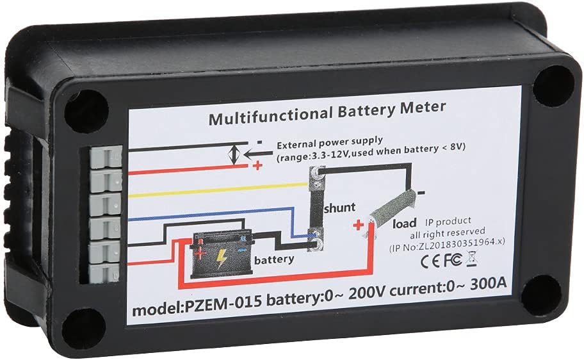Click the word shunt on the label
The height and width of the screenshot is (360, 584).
[x=339, y=207]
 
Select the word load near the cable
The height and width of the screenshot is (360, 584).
[x=405, y=223]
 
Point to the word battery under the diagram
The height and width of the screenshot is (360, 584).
[x=274, y=259]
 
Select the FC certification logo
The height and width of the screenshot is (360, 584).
[x=453, y=260]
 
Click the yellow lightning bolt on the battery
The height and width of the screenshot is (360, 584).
[x=221, y=257]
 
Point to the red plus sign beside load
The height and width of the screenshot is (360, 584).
[x=358, y=225]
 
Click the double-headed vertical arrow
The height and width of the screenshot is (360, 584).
[x=234, y=155]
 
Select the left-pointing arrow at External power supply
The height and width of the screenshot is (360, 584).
[x=257, y=154]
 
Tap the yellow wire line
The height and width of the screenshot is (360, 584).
[x=218, y=190]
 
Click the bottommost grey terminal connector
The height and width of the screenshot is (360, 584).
[x=104, y=273]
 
